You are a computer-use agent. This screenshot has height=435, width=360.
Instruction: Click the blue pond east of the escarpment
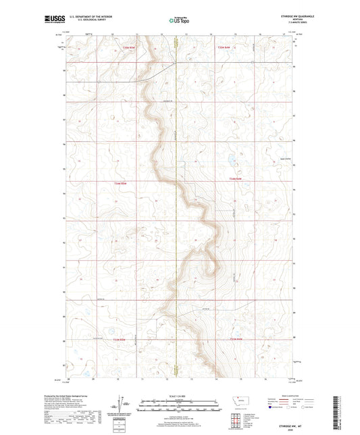click(231, 161)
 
